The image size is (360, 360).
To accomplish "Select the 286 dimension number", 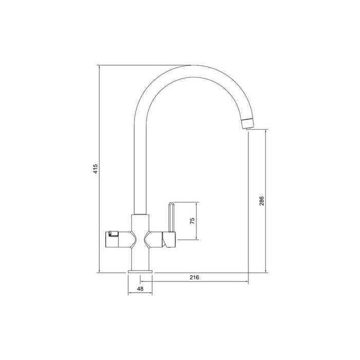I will coord(261,201).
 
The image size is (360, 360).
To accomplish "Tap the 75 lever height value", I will coord(192,221).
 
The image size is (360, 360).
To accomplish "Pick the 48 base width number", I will coord(139,289).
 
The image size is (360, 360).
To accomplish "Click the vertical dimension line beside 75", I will coord(198,221).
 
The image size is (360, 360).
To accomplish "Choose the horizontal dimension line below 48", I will coord(139,294).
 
